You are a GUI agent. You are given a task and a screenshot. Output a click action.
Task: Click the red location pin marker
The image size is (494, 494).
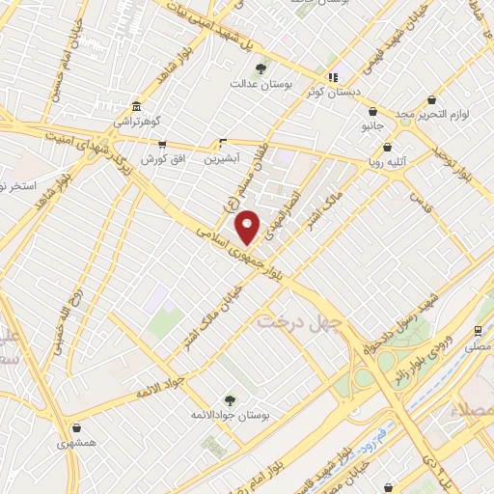point(248,227)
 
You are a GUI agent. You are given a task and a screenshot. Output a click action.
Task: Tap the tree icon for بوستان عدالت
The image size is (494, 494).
point(261,68)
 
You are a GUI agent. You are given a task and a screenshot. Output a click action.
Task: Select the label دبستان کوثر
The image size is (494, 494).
point(333,93)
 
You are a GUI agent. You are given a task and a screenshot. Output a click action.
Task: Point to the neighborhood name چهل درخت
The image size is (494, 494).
point(294,322)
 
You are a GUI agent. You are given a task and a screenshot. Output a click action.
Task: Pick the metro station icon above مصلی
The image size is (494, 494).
point(479,329)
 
